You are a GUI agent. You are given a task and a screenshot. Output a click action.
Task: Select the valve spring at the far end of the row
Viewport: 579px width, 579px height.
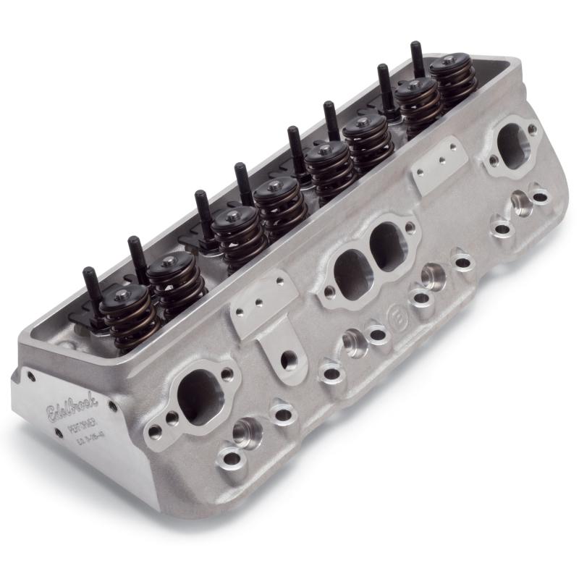453,80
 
